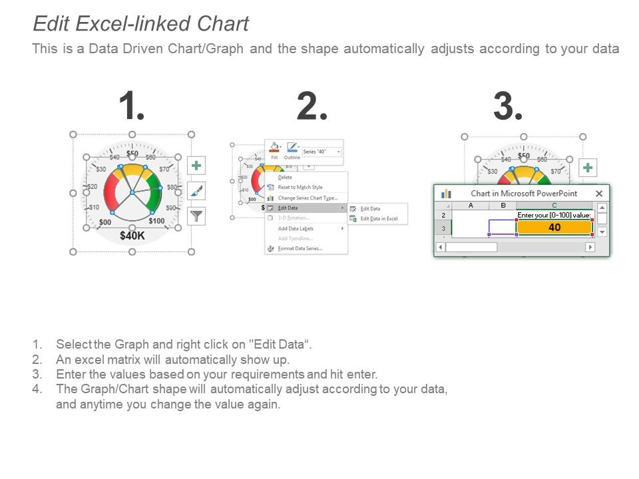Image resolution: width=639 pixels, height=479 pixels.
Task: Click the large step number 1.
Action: pyautogui.click(x=132, y=106)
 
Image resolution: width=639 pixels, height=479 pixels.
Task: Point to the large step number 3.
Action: pyautogui.click(x=508, y=106)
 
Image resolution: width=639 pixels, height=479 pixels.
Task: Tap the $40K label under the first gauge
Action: pyautogui.click(x=132, y=235)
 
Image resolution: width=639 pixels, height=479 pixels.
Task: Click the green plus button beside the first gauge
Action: pyautogui.click(x=196, y=166)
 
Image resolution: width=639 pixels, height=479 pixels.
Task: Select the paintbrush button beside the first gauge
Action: pyautogui.click(x=196, y=191)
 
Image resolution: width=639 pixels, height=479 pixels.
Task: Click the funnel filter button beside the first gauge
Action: pyautogui.click(x=196, y=216)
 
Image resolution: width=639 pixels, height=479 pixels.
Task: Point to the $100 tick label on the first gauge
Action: pyautogui.click(x=156, y=221)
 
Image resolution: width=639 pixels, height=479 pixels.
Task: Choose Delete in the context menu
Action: pyautogui.click(x=285, y=177)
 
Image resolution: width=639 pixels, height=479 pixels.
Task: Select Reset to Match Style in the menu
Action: pyautogui.click(x=300, y=187)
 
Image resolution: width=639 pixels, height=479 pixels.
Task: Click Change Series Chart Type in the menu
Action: pyautogui.click(x=308, y=198)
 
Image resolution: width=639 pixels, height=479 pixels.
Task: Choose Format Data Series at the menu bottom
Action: pyautogui.click(x=300, y=248)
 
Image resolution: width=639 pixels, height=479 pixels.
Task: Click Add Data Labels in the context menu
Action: pyautogui.click(x=296, y=228)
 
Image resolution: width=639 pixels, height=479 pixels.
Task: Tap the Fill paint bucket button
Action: pyautogui.click(x=274, y=149)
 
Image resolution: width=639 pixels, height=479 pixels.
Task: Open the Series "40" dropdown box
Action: pyautogui.click(x=322, y=152)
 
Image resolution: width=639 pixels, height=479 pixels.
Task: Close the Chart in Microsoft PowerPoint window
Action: pyautogui.click(x=599, y=194)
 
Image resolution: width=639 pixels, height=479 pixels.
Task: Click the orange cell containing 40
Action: pyautogui.click(x=554, y=228)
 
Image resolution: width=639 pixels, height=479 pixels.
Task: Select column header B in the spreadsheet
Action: pyautogui.click(x=503, y=206)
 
